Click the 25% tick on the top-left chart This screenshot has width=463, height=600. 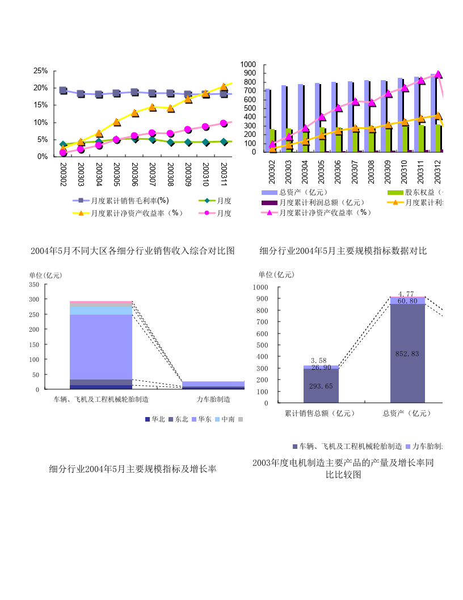pos(40,70)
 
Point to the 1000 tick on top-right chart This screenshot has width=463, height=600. pos(249,65)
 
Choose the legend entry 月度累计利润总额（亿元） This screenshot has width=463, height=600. pos(321,202)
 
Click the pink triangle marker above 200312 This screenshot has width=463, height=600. pos(438,74)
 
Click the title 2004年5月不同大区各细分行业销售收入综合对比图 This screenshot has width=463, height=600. pos(132,251)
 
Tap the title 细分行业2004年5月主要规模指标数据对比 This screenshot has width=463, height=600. pos(343,251)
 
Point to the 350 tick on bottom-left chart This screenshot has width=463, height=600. pos(33,284)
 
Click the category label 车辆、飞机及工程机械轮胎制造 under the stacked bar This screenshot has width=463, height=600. pos(101,399)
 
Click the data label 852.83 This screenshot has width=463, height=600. pos(407,353)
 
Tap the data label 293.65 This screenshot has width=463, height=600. pos(321,386)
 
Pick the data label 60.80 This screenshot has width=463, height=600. pos(407,301)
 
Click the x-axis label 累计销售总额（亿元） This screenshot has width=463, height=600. pos(321,413)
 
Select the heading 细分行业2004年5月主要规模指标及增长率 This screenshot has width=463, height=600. pos(132,469)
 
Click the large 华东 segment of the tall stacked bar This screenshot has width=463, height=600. pos(101,347)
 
